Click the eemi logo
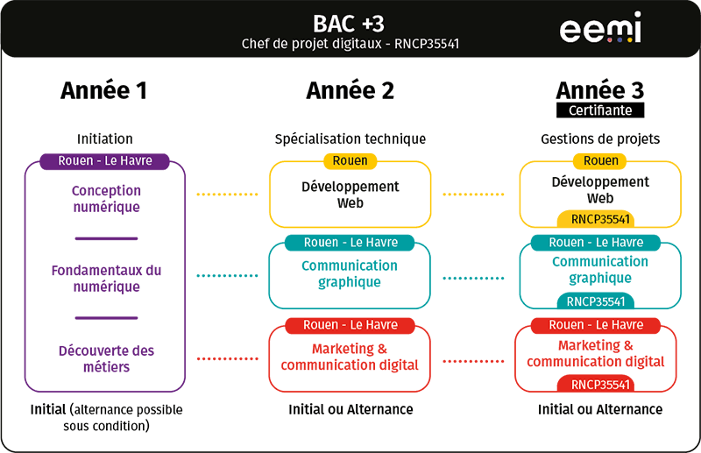tap(600, 27)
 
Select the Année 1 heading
tap(103, 90)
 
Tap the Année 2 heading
tap(350, 90)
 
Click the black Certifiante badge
tap(599, 110)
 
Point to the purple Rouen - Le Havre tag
tap(104, 161)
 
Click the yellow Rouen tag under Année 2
tap(350, 161)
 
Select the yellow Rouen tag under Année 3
tap(600, 161)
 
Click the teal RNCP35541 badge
tap(596, 301)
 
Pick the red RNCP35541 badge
tap(600, 384)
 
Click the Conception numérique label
tap(106, 199)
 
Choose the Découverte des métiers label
tap(105, 359)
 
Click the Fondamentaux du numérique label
tap(105, 279)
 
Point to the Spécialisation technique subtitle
tap(350, 138)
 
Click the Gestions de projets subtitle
tap(600, 138)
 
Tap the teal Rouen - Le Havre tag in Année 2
tap(350, 243)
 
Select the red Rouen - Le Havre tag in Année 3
tap(596, 325)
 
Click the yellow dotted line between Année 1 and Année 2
tap(226, 194)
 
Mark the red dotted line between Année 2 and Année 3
tap(477, 360)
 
